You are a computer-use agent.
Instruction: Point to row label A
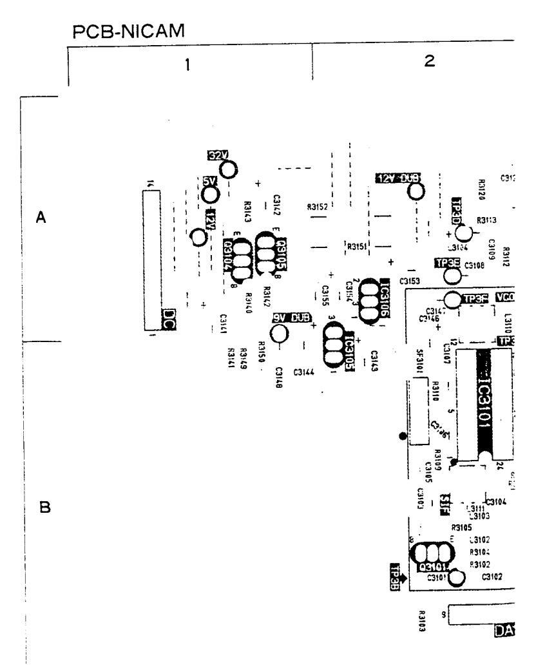pos(41,218)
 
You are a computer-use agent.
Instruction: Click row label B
pos(45,508)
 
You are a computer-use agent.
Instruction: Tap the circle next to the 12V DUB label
pos(416,191)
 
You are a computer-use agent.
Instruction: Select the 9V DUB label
pos(292,318)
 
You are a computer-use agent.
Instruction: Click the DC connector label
pos(170,318)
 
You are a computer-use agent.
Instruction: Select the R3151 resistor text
pos(356,246)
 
